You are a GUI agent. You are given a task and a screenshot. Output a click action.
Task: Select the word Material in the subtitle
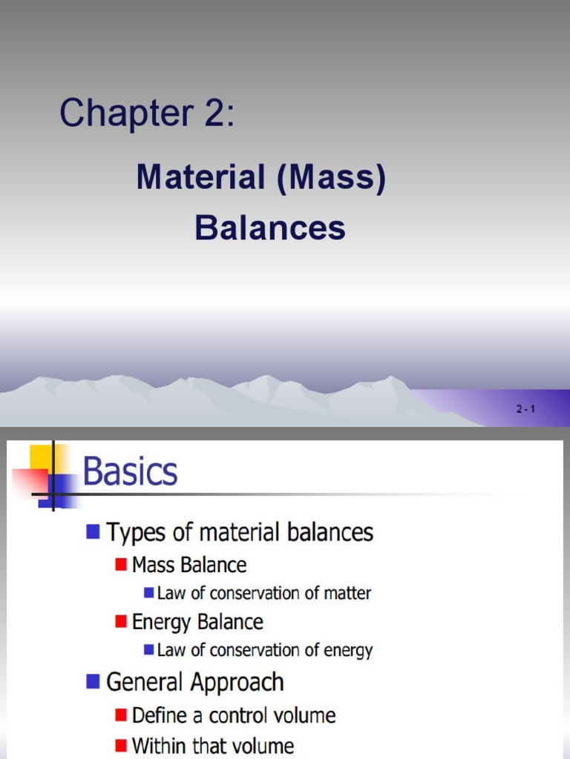(200, 179)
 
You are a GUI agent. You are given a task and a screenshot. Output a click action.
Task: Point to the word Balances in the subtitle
(270, 228)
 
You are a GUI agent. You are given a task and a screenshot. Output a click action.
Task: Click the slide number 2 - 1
(525, 408)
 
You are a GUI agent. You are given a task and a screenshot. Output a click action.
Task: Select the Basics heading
(130, 471)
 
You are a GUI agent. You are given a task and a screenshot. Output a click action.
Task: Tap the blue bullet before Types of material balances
(93, 531)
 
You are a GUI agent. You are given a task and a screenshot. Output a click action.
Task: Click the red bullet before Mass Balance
(121, 565)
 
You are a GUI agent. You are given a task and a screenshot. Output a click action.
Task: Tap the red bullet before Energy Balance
(121, 621)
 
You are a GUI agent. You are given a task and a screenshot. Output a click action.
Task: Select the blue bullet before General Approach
(93, 680)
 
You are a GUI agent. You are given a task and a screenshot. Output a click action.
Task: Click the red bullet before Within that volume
(121, 746)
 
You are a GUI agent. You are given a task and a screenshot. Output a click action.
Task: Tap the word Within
(159, 746)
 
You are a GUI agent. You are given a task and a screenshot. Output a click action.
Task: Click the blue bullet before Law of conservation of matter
(148, 593)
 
